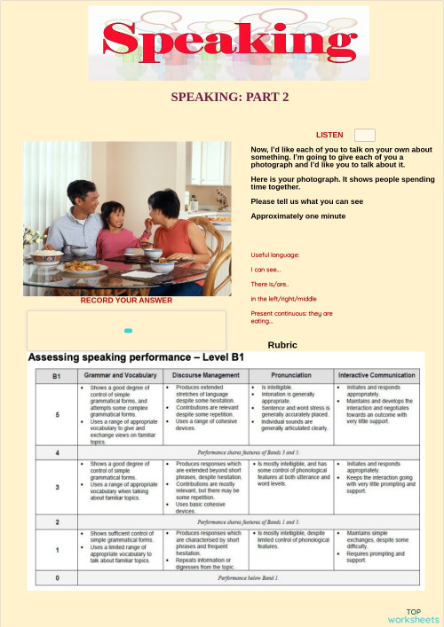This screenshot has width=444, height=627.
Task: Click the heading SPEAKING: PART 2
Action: (x=230, y=98)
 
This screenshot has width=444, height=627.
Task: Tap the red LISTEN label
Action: (x=329, y=135)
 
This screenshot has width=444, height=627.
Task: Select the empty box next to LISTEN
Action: (x=364, y=135)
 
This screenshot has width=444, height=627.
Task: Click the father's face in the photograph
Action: (x=82, y=197)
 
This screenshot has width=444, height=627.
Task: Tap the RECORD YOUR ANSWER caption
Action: (x=126, y=301)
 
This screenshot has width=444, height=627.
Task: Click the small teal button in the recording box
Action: (x=128, y=331)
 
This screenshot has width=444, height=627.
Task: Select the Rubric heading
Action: (x=281, y=344)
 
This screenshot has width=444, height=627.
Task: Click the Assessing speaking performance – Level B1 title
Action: (x=136, y=357)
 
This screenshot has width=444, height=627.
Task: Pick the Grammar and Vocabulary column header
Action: (x=121, y=376)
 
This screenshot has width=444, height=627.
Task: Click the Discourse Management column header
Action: (x=207, y=376)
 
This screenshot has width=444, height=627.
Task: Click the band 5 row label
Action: (x=56, y=415)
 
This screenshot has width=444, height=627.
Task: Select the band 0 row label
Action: (x=56, y=578)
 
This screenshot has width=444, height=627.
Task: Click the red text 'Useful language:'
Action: (x=275, y=255)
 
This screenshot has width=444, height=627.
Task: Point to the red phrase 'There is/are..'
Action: (x=270, y=284)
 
